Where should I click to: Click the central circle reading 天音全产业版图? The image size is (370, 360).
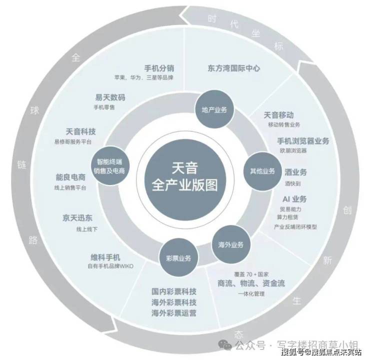coord(185,180)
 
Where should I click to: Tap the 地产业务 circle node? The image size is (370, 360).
coord(214,109)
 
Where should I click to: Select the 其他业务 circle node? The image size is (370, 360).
coord(262,171)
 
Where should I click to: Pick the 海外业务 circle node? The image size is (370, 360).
coord(230,244)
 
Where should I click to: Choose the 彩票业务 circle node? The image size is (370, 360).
coord(178,258)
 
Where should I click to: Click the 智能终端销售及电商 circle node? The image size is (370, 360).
coord(109,166)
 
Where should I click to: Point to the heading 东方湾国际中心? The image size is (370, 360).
coord(234,68)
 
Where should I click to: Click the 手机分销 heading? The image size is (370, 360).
coord(159,68)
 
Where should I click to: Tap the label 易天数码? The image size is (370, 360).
coord(110,97)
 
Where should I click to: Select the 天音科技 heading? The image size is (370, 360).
coord(80,131)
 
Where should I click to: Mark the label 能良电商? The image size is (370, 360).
coord(70,177)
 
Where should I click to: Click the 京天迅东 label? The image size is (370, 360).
coord(77,217)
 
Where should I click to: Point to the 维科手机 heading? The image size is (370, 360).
coord(105,257)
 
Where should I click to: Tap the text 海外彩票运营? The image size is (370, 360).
coord(174,313)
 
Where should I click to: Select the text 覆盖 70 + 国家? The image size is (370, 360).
coord(251,274)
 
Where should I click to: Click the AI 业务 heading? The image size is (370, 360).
coord(294,199)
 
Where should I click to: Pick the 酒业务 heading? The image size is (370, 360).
coord(295,172)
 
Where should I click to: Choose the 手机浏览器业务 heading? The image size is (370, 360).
coord(303,141)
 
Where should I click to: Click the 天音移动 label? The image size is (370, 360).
coord(278,115)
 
